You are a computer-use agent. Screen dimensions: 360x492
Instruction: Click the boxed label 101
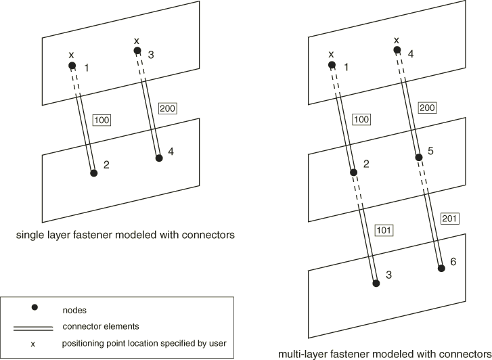pyautogui.click(x=383, y=230)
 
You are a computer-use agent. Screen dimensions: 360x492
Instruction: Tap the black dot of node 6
pyautogui.click(x=441, y=269)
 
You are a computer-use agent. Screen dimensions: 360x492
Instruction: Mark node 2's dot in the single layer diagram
pyautogui.click(x=94, y=173)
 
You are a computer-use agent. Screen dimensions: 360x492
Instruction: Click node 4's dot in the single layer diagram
pyautogui.click(x=158, y=158)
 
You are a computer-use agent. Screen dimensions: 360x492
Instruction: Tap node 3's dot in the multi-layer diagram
pyautogui.click(x=376, y=283)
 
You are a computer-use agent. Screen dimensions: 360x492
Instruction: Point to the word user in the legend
pyautogui.click(x=218, y=344)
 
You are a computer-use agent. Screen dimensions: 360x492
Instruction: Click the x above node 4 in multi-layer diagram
pyautogui.click(x=397, y=40)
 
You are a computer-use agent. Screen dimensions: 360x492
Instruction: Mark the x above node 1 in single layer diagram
pyautogui.click(x=70, y=55)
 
